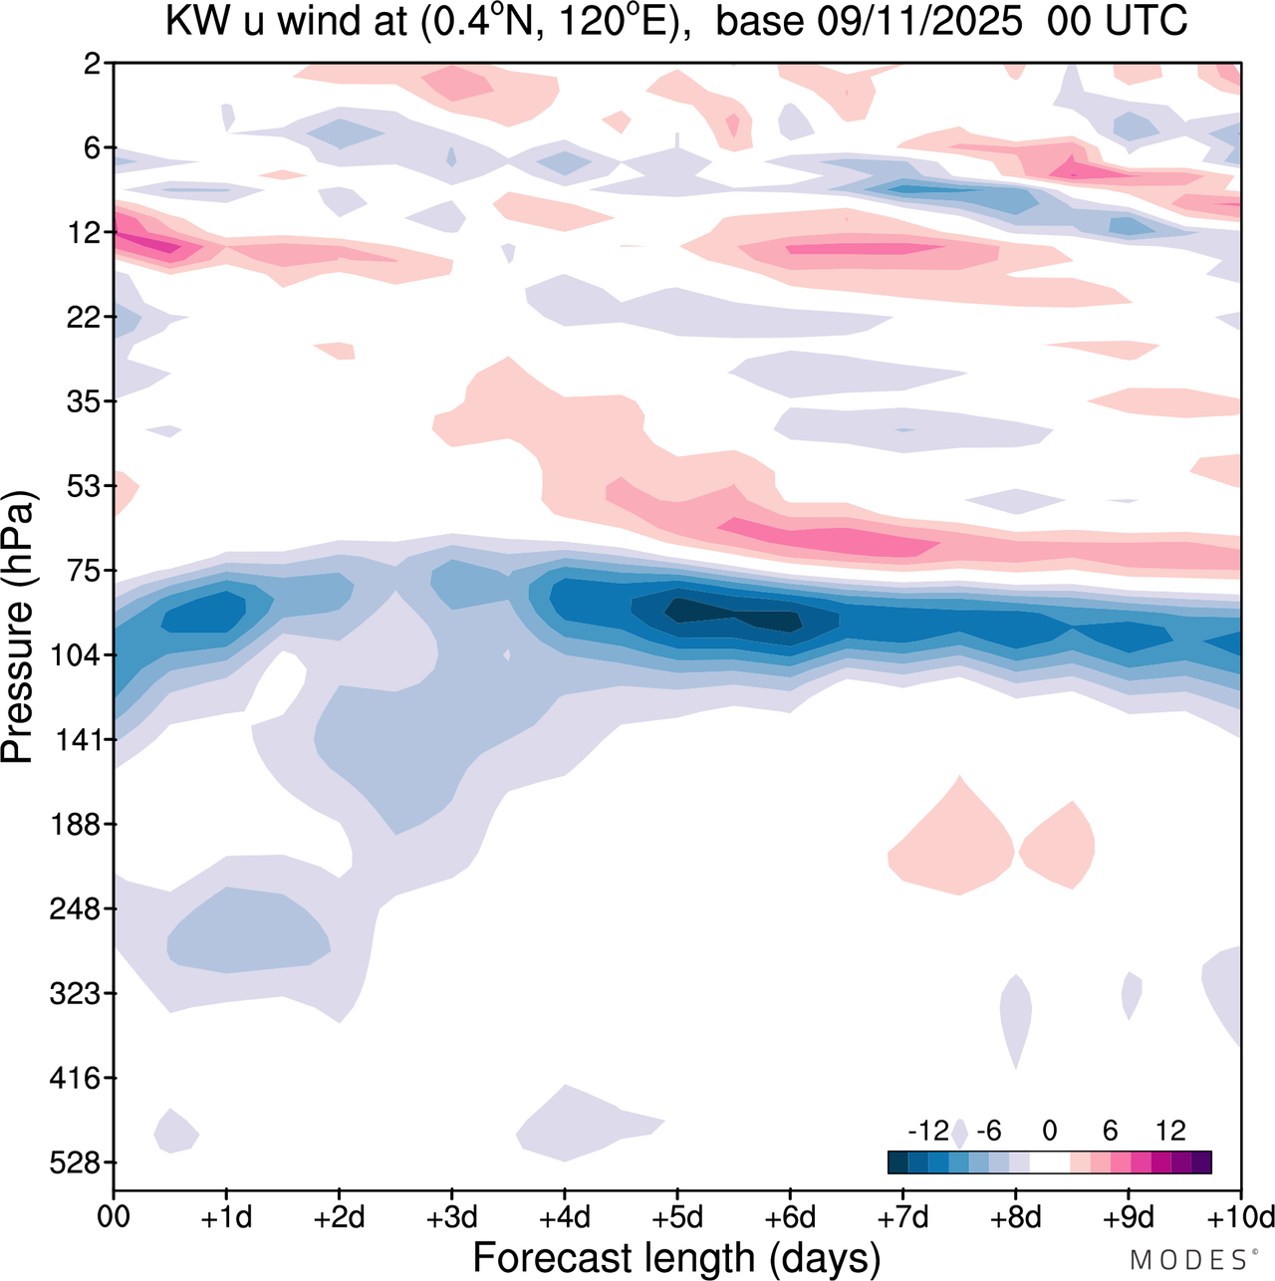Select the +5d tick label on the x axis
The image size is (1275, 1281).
coord(677,1217)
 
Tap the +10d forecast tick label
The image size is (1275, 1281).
coord(1239,1217)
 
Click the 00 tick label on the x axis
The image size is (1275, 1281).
coord(114,1217)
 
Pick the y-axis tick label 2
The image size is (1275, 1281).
coord(93,64)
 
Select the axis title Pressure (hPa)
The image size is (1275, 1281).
coord(18,628)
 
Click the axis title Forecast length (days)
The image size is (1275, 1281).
coord(676,1258)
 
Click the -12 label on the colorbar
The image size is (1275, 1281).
coord(928,1131)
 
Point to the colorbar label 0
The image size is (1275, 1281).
coord(1049,1131)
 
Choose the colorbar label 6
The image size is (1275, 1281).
coord(1110,1131)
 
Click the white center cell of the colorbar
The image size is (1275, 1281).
coord(1049,1161)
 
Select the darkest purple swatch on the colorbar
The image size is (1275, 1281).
coord(1201,1161)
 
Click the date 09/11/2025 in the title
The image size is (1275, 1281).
coord(919,22)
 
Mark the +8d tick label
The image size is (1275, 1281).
coord(1016,1217)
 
